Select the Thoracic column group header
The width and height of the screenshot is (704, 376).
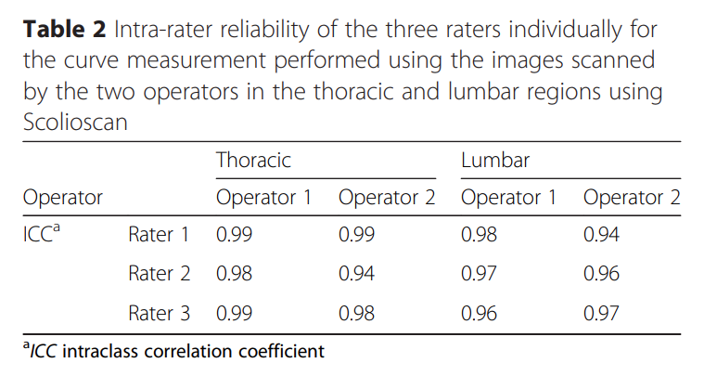(x=253, y=160)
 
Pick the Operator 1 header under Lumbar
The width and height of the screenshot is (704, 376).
(x=509, y=198)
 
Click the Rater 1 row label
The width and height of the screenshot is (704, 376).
(x=159, y=236)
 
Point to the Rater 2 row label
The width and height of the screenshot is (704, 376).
(x=159, y=275)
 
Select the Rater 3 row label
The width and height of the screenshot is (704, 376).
(x=159, y=314)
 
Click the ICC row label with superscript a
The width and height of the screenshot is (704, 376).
(x=41, y=235)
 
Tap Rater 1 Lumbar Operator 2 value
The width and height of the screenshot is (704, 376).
(x=601, y=236)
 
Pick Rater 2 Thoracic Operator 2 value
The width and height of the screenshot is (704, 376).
(x=356, y=275)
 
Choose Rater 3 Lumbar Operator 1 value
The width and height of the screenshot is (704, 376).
(x=479, y=314)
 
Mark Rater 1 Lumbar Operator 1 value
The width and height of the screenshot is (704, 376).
(x=479, y=236)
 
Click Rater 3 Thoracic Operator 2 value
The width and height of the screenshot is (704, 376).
(x=356, y=314)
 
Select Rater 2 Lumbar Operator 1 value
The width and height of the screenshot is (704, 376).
(x=479, y=275)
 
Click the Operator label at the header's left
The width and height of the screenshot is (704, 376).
(x=62, y=198)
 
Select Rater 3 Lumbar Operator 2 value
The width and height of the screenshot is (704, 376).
(x=601, y=314)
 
